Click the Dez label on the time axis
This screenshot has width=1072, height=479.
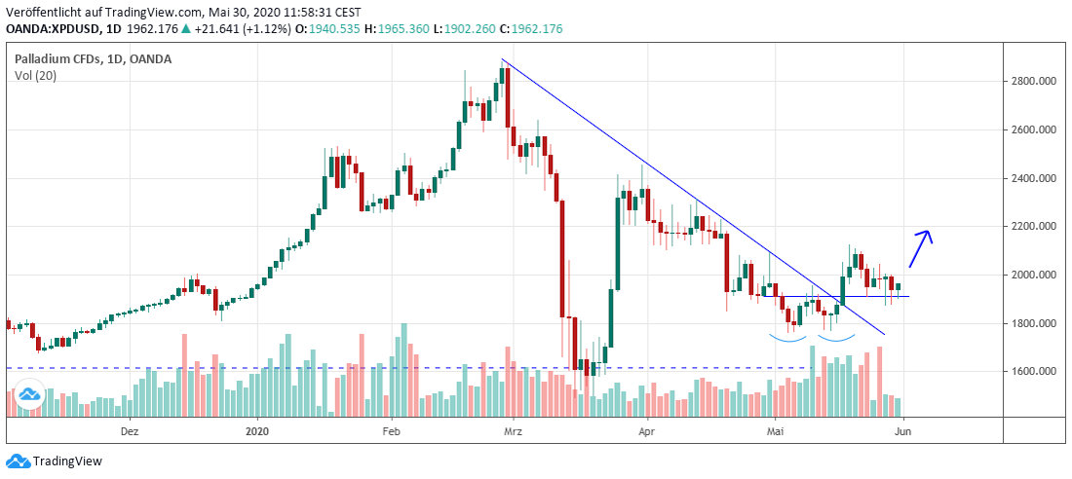pos(130,429)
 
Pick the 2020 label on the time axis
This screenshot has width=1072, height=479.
pos(257,429)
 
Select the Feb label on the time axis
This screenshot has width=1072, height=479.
pos(391,429)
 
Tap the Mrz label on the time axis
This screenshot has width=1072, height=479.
pos(513,429)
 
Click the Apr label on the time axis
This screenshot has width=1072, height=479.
pos(646,429)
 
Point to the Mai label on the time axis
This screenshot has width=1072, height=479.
pos(775,429)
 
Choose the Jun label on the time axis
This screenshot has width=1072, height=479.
pos(903,429)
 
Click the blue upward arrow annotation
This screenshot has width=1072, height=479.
pos(921,248)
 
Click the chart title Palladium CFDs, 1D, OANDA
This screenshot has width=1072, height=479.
pos(93,59)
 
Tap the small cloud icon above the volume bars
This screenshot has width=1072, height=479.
pos(28,394)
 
